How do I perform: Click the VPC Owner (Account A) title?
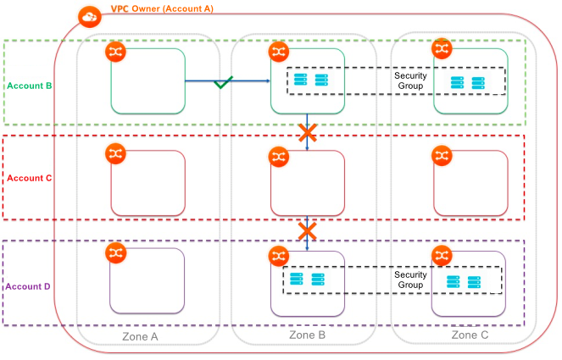(162, 8)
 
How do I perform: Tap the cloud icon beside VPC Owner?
(87, 16)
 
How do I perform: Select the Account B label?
(30, 86)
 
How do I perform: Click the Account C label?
(30, 178)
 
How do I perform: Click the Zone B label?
(308, 335)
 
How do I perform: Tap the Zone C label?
(470, 335)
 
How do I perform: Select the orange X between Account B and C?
(307, 132)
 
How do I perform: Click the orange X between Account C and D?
(307, 230)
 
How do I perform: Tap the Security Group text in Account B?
(410, 81)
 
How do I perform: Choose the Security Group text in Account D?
(410, 280)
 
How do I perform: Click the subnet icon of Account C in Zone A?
(115, 154)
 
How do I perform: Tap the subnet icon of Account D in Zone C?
(441, 255)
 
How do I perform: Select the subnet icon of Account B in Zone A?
(115, 53)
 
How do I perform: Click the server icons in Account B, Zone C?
(468, 83)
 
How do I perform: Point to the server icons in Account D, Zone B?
(307, 280)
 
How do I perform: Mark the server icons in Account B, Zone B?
(310, 80)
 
